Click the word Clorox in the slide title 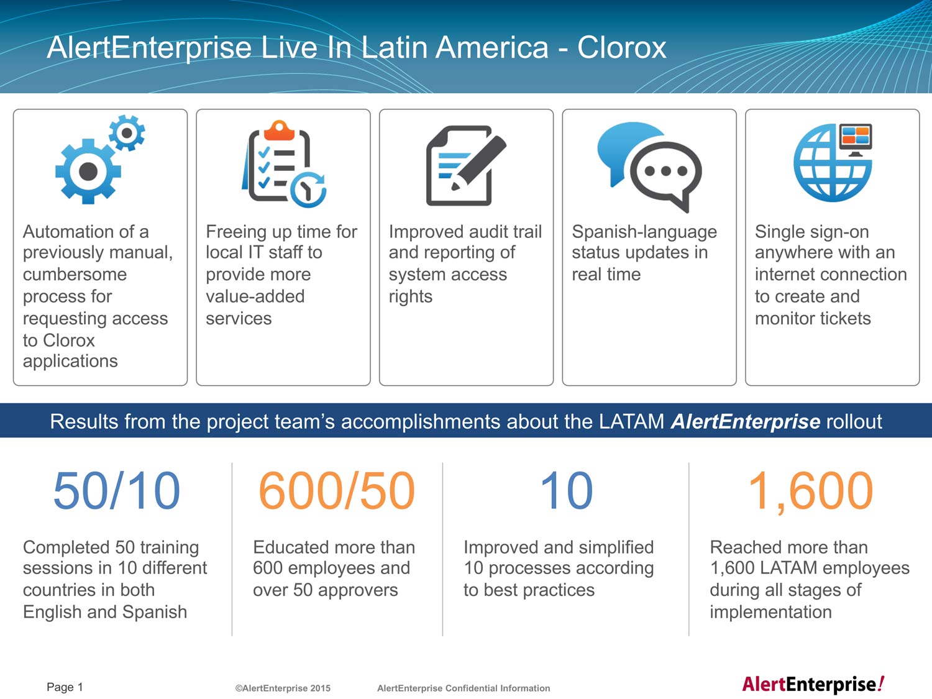click(x=621, y=47)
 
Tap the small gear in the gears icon click(x=127, y=133)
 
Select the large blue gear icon click(x=88, y=171)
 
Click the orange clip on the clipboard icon click(x=279, y=130)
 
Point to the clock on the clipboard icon click(x=308, y=190)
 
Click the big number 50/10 click(x=117, y=491)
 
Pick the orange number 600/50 click(x=337, y=491)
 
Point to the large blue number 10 click(x=566, y=491)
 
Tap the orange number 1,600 click(x=810, y=492)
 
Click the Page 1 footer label click(x=65, y=687)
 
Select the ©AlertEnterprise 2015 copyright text click(x=283, y=688)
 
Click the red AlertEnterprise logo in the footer click(x=813, y=684)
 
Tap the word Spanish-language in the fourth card click(x=644, y=232)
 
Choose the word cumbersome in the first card click(x=75, y=274)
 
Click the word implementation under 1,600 click(x=770, y=612)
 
